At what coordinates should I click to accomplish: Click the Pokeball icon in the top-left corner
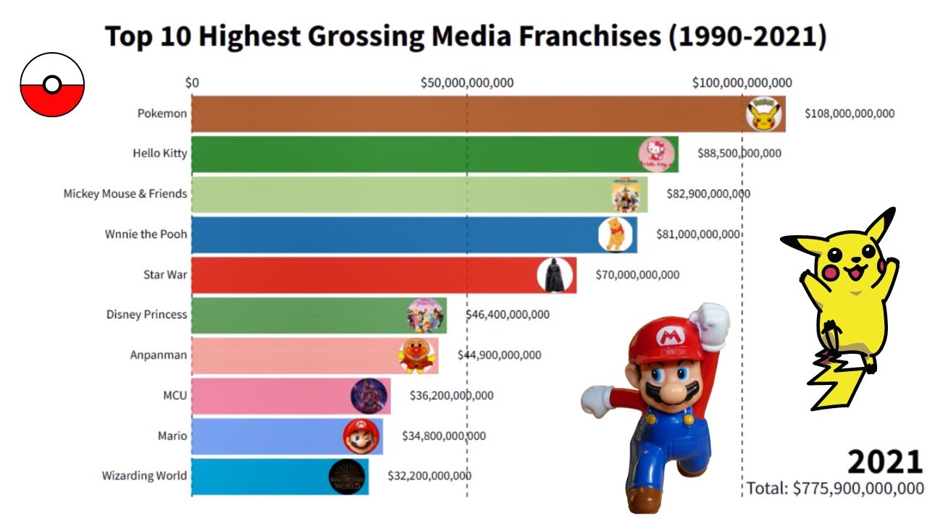[x=52, y=85]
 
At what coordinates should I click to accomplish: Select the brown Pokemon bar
[x=463, y=114]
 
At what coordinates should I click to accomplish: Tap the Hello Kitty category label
[x=159, y=153]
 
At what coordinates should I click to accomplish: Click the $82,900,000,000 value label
[x=708, y=194]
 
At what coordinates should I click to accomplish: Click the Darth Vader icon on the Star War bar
[x=555, y=275]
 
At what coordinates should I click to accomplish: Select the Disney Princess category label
[x=146, y=315]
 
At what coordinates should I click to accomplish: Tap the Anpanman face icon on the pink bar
[x=416, y=355]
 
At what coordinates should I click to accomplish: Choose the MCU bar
[x=290, y=396]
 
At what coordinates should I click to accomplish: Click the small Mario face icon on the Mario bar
[x=361, y=436]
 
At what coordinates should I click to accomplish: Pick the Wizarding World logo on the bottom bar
[x=347, y=477]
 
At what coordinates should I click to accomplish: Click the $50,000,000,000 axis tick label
[x=467, y=82]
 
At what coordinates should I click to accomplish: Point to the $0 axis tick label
[x=192, y=82]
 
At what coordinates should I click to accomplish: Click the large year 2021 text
[x=885, y=461]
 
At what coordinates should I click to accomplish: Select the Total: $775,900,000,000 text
[x=835, y=488]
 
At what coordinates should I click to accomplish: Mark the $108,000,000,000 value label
[x=850, y=114]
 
